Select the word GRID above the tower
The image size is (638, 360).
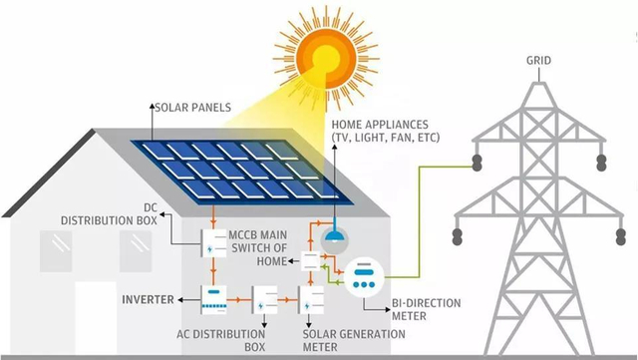coord(537,60)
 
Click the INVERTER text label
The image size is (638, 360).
coord(149,299)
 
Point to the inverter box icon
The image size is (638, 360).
coord(216,298)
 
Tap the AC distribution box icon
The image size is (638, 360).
coord(264,299)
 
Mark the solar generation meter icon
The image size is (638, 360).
coord(313,299)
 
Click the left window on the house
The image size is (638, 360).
coord(55,244)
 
